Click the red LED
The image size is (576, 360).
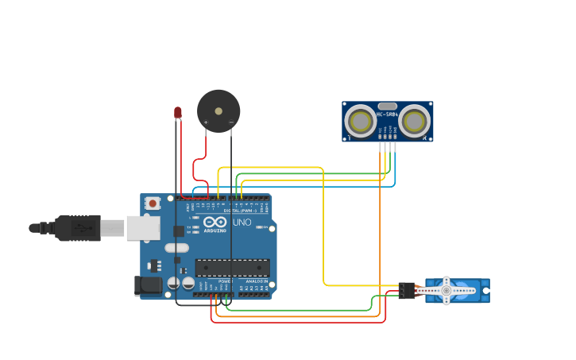click(x=178, y=113)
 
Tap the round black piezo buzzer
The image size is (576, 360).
click(x=218, y=110)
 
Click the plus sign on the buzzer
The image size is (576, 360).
click(x=206, y=122)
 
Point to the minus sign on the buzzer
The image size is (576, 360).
click(x=231, y=122)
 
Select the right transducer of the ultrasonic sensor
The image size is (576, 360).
click(x=414, y=122)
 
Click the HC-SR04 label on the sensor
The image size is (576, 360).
click(x=387, y=114)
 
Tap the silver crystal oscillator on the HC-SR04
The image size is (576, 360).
click(x=387, y=106)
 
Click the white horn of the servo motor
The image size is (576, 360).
click(x=446, y=291)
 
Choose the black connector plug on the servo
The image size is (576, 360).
click(x=407, y=291)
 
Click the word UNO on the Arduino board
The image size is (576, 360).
click(x=242, y=223)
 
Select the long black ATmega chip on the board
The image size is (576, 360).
click(x=232, y=268)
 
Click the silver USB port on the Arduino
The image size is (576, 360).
click(x=143, y=228)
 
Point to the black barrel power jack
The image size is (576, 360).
click(x=147, y=285)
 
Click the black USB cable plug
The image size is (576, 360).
click(x=78, y=227)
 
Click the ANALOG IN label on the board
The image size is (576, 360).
click(x=256, y=281)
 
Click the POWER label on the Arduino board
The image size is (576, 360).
click(x=225, y=281)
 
